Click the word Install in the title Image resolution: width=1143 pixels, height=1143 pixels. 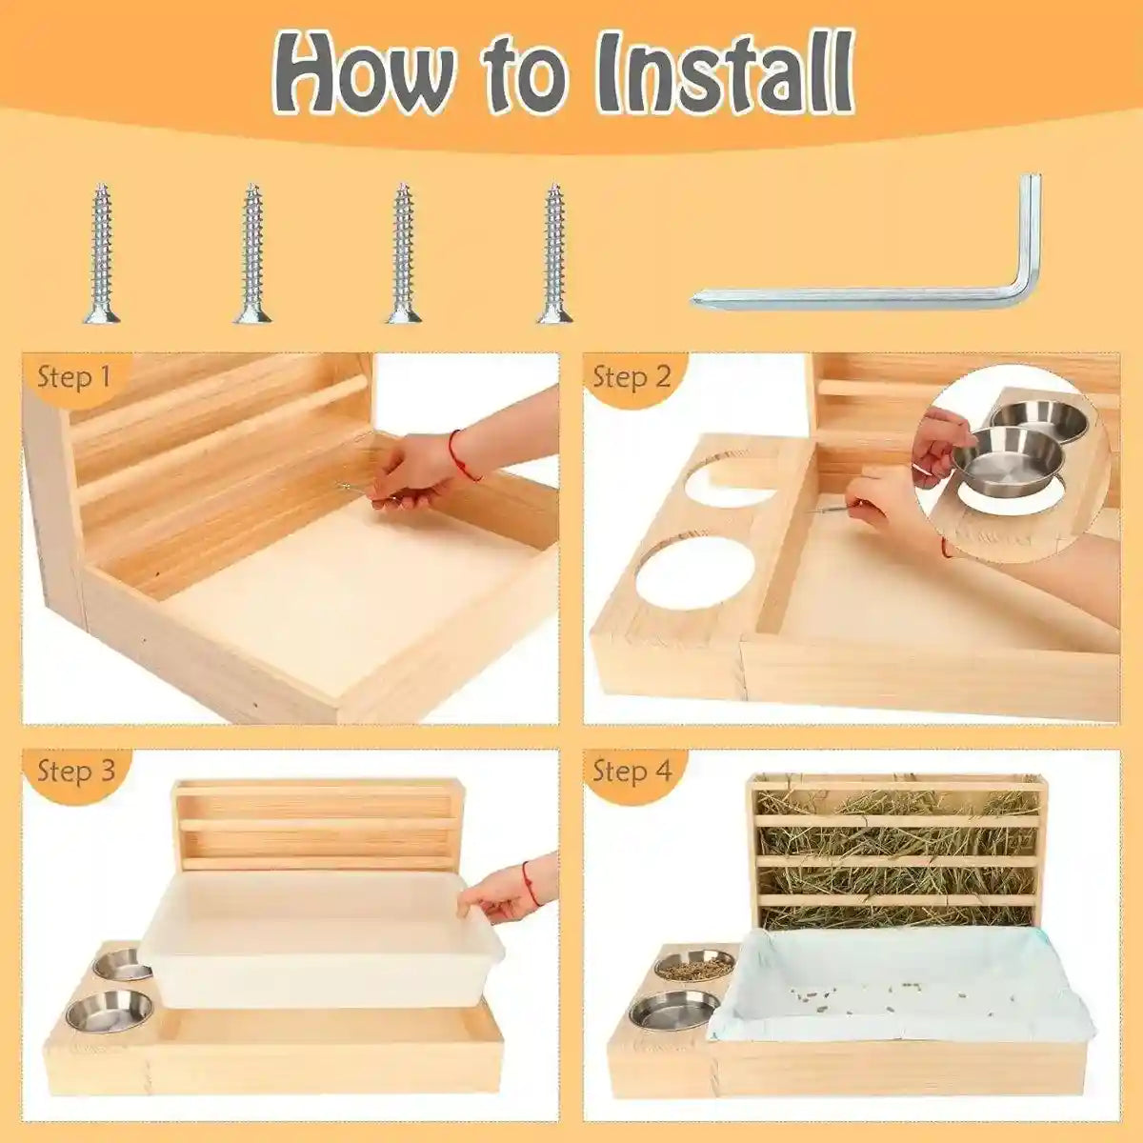pos(724,74)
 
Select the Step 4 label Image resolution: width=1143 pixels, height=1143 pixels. pos(632,771)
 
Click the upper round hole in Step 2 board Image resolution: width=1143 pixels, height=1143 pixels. pos(729,481)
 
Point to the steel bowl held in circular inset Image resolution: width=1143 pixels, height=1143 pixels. pos(995,452)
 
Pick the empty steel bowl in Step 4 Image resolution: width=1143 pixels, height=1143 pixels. pos(674,1010)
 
